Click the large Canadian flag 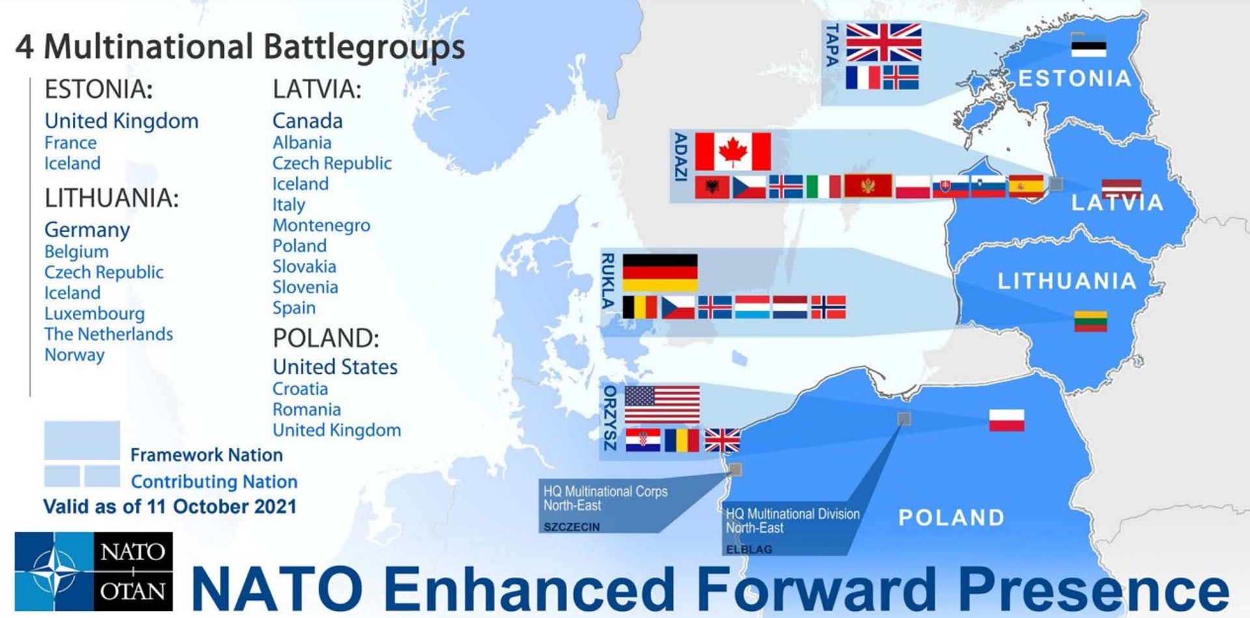point(733,151)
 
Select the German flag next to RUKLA point(660,272)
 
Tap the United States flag point(662,404)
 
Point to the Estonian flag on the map point(1089,46)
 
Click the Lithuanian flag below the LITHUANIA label point(1090,321)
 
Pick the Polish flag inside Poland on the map point(1007,420)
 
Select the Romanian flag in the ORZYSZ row point(682,440)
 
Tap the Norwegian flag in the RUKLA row point(828,307)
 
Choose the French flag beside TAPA point(863,77)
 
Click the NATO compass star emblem point(55,571)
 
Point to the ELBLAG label point(749,550)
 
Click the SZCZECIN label point(572,527)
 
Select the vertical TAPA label point(831,45)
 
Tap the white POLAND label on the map point(952,518)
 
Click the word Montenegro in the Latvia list point(322,225)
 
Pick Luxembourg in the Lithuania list point(94,314)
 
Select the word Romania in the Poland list point(307,410)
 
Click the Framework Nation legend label point(206,455)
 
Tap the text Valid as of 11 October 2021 point(170,507)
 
